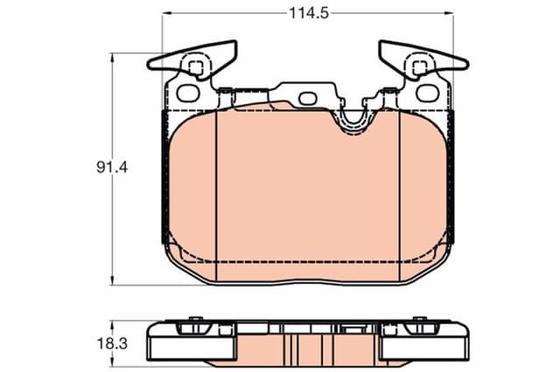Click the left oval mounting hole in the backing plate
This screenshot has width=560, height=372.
click(x=185, y=91)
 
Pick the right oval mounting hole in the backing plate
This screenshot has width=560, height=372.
click(x=426, y=91)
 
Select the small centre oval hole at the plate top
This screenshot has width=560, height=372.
click(x=307, y=98)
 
